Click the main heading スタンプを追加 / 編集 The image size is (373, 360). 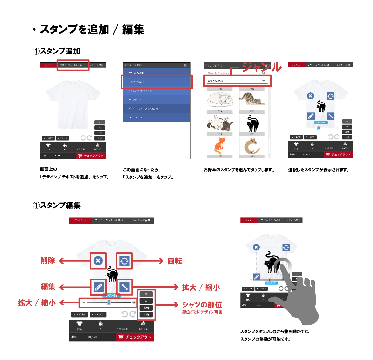(x=92, y=30)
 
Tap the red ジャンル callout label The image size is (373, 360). (x=262, y=67)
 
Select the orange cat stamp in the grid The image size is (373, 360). (x=219, y=145)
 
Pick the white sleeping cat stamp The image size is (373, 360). (x=219, y=100)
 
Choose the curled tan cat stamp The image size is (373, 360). (x=251, y=146)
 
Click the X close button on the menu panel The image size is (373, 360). (x=185, y=65)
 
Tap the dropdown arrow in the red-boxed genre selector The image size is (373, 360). (x=264, y=81)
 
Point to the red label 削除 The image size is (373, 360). (x=48, y=261)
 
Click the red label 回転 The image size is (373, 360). (x=175, y=261)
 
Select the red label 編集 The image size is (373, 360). (x=48, y=287)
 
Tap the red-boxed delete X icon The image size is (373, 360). (x=98, y=261)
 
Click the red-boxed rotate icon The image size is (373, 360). (x=124, y=261)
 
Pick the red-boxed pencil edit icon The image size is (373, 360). (x=98, y=287)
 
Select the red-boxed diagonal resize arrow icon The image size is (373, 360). (x=124, y=287)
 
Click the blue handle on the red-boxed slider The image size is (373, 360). (x=108, y=302)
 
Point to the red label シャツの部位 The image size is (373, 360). (x=202, y=305)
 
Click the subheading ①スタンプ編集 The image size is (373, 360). (x=57, y=205)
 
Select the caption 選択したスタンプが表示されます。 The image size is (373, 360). (x=319, y=170)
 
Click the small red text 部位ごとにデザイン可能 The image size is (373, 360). (x=202, y=312)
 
